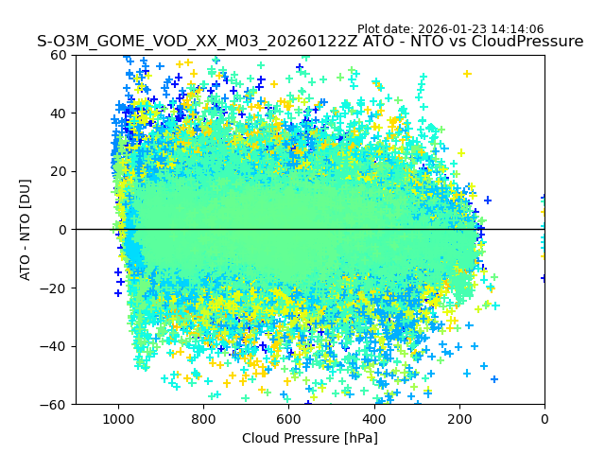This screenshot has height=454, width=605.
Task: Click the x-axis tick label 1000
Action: point(118,419)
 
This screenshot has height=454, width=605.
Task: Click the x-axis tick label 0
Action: point(544,419)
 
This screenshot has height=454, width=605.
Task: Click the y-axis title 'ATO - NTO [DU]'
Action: point(26,229)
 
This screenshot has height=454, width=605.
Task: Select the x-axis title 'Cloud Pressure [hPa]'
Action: point(310,438)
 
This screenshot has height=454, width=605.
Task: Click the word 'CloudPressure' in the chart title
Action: point(526,42)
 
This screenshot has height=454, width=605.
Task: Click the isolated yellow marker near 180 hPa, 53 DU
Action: point(467,73)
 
